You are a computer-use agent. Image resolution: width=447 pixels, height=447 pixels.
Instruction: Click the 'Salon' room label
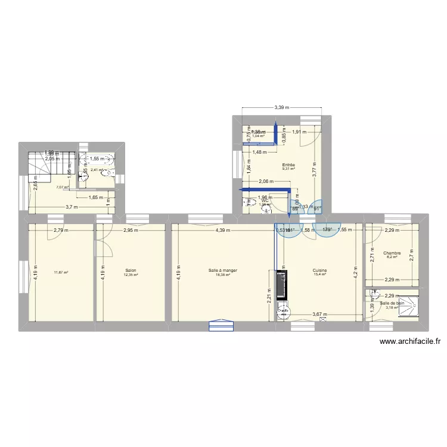click(x=131, y=270)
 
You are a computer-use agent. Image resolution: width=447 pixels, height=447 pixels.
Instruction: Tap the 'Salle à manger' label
click(x=223, y=270)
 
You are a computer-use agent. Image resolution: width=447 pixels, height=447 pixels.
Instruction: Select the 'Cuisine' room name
click(x=319, y=270)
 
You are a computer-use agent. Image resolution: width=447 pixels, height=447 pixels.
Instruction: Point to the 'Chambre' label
click(x=392, y=253)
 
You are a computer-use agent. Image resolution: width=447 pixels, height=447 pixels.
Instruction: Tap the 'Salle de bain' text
click(x=392, y=303)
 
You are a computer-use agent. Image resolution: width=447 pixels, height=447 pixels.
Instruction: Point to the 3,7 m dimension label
click(x=72, y=207)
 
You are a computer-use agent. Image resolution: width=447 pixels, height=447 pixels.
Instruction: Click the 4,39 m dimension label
click(x=223, y=230)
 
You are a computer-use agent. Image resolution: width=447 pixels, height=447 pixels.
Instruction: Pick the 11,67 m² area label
click(x=61, y=273)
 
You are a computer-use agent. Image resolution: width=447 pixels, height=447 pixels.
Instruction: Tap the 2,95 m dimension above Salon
click(x=131, y=230)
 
